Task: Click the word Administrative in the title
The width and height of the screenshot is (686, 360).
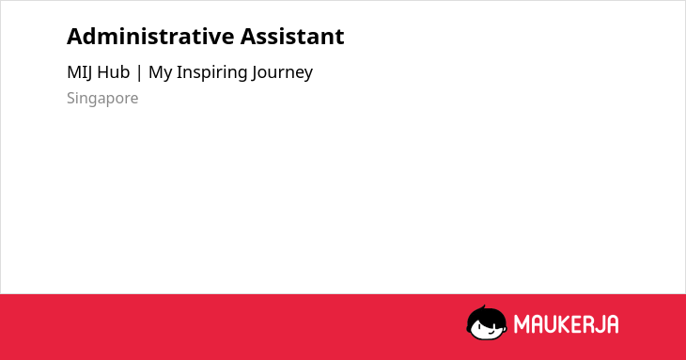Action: tap(150, 37)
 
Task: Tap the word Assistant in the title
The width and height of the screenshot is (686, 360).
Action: tap(292, 37)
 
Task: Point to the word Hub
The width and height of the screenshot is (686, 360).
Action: tap(114, 72)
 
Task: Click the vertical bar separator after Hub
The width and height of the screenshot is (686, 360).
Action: tap(139, 72)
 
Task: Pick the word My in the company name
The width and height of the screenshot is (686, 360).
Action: tap(160, 73)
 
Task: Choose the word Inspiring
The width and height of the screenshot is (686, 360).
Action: tap(211, 73)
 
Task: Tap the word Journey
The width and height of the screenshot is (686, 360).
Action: tap(282, 73)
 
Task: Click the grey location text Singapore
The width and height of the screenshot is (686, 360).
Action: tap(102, 99)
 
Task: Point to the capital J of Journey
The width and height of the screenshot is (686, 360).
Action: tap(254, 73)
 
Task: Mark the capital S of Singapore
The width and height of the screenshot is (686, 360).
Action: tap(70, 98)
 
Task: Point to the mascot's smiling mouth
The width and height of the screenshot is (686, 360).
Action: tap(491, 333)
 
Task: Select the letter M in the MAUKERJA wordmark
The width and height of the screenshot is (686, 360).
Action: tap(522, 324)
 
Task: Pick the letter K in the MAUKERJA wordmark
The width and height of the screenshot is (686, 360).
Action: tap(564, 324)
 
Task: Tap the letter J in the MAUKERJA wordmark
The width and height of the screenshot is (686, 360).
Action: tap(600, 324)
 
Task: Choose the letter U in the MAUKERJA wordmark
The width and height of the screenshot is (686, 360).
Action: tap(550, 324)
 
